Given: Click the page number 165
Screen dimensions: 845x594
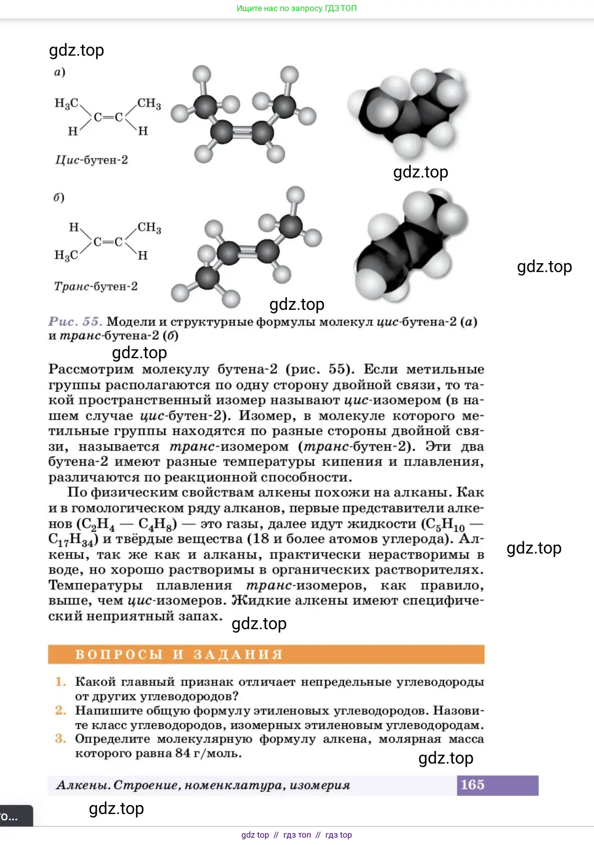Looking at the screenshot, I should point(472,785).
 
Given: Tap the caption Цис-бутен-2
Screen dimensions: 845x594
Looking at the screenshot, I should point(91,160).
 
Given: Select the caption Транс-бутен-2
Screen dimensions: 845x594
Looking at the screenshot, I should point(96,286).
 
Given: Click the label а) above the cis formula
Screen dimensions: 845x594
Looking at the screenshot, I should point(60,71).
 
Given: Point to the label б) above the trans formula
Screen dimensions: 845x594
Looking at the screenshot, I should point(59,197).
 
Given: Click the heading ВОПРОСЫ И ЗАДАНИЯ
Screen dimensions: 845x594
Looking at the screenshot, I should point(179,654).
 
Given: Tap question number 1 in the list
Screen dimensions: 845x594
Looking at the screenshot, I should point(61,682).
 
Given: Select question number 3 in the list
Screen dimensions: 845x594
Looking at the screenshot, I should point(61,739).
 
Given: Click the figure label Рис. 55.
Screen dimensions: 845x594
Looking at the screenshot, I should point(75,321).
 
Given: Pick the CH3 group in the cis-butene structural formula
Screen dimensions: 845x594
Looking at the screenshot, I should point(149,103).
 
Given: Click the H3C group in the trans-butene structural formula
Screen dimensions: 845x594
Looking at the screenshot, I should point(66,255).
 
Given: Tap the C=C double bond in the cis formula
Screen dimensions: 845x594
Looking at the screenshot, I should point(108,117).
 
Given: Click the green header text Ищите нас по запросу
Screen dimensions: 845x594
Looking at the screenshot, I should point(296,8).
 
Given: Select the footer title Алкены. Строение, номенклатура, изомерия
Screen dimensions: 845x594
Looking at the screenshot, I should point(203,785).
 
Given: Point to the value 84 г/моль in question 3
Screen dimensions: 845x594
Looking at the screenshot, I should point(208,754).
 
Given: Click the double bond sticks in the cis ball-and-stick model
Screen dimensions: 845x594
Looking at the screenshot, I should point(242,132).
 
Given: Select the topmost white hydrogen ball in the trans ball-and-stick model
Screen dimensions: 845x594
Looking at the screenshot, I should point(295,195).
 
